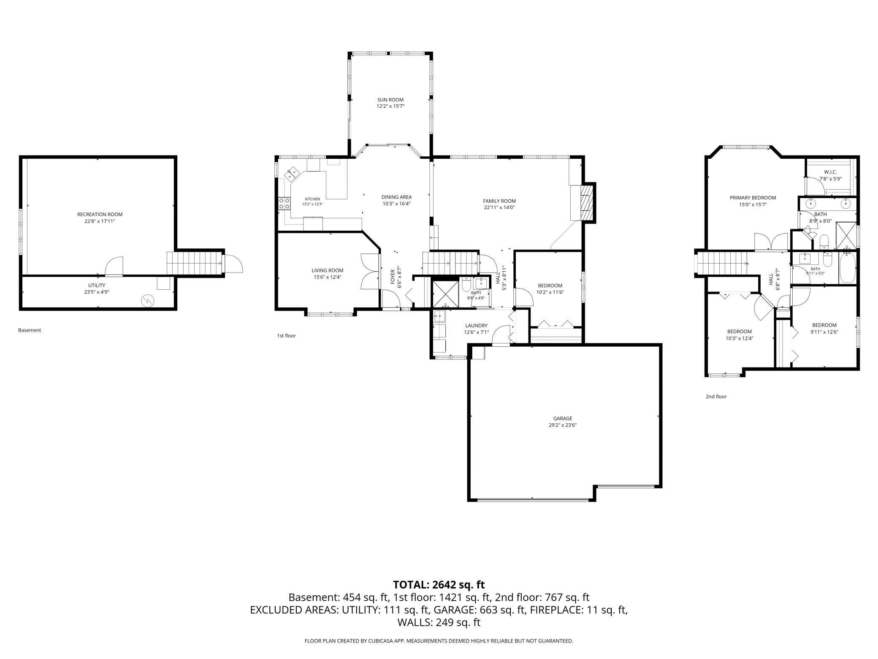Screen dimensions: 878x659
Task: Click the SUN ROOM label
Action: [390, 100]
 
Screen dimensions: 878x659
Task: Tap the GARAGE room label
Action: [563, 419]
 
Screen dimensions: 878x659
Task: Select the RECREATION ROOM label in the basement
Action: [100, 214]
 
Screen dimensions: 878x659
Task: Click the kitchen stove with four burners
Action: [284, 204]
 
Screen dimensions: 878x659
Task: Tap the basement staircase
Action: [195, 263]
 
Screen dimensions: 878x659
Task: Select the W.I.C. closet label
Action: [830, 172]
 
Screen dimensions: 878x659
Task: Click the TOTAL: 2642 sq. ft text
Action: [439, 585]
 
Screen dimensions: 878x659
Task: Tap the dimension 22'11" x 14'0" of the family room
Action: [499, 207]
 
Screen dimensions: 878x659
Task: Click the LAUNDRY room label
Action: [476, 326]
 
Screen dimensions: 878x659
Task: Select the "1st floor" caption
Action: [286, 336]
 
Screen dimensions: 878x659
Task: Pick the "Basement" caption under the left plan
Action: [30, 330]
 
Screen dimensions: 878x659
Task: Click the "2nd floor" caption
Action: [716, 397]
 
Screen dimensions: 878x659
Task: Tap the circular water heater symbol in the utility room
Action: [148, 300]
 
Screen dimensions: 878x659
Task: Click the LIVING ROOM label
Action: [327, 270]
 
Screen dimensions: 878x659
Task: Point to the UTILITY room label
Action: [97, 285]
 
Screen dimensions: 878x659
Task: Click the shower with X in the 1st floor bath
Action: [445, 292]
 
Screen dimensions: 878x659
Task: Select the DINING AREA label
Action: [396, 197]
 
